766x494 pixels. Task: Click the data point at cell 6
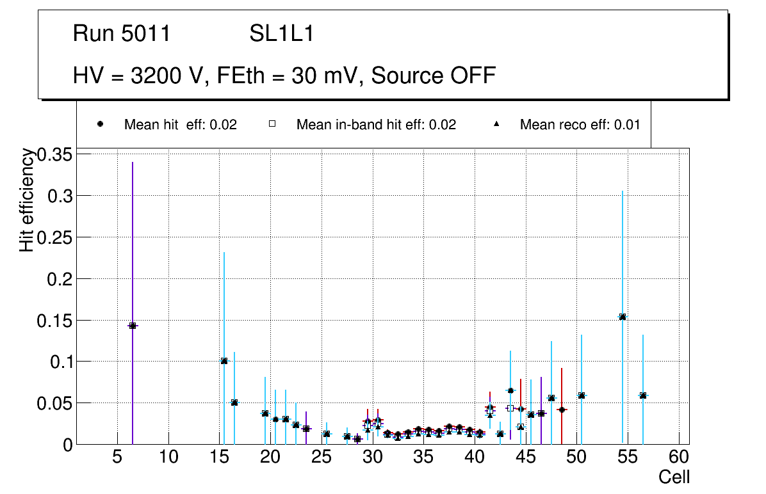pos(133,326)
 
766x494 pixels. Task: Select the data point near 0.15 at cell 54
pos(623,317)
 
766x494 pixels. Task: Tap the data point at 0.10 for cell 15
pos(224,361)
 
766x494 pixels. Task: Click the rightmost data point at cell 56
pos(643,395)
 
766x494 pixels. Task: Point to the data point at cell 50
pos(582,395)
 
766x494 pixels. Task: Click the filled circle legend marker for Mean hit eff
pos(101,125)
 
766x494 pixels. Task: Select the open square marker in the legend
pos(272,125)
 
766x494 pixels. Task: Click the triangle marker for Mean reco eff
pos(497,125)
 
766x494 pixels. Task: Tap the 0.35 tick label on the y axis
pos(55,154)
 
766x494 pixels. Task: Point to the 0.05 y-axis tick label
pos(55,403)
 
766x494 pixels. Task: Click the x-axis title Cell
pos(674,477)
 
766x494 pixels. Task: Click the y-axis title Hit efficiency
pos(27,200)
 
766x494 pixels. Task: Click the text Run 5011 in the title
pos(122,33)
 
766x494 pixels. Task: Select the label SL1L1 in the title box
pos(282,33)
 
